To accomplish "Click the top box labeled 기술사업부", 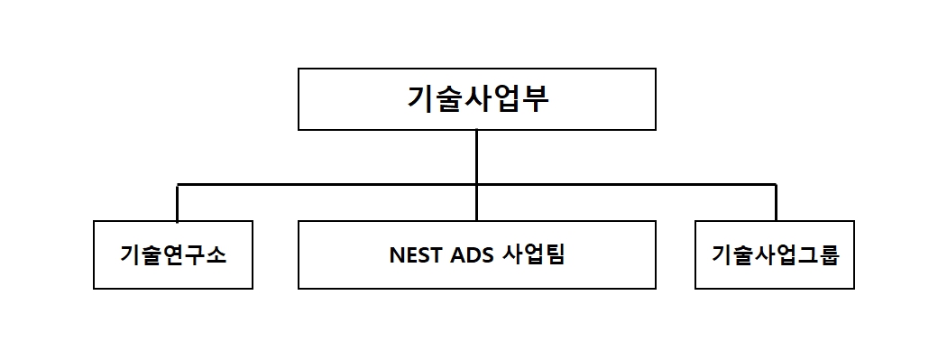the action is (x=476, y=99).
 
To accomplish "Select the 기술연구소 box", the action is (x=172, y=254).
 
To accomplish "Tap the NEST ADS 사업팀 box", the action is (x=476, y=254).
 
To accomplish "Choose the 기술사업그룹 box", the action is (x=774, y=254).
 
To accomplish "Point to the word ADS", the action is (x=472, y=255).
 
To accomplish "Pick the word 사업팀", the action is (x=536, y=255).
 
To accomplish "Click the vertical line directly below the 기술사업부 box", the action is (x=476, y=157).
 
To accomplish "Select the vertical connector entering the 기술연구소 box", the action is (x=178, y=203).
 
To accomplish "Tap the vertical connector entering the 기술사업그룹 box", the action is (x=775, y=203).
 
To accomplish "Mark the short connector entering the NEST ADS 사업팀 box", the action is (x=476, y=203).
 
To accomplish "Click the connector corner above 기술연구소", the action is (x=178, y=185).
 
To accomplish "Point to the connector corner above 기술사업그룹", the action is (x=775, y=185).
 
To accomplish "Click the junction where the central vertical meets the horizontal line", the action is (x=476, y=185).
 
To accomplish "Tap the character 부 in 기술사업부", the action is (x=535, y=98).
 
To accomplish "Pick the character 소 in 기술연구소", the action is (x=216, y=255).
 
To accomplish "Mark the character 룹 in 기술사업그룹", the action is (x=829, y=255).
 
